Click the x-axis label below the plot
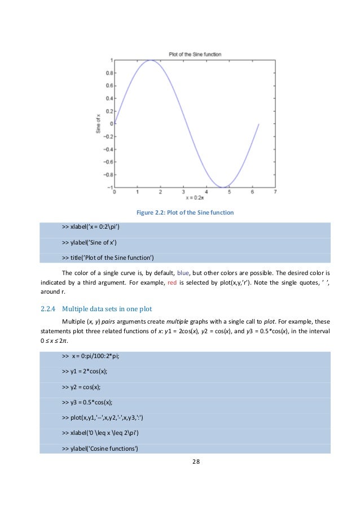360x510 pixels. [195, 198]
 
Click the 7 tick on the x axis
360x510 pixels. [275, 193]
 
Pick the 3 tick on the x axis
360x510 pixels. [183, 193]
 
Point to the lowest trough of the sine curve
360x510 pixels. [223, 187]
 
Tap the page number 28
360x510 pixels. [196, 461]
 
